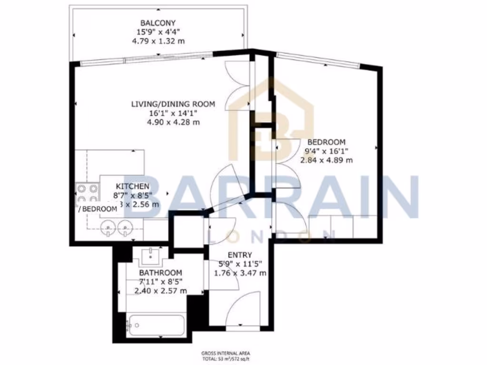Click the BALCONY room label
click(x=158, y=23)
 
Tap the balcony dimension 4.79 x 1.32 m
click(x=158, y=41)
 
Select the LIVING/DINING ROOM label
click(x=174, y=104)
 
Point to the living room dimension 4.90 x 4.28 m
click(x=174, y=122)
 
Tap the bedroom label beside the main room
click(x=326, y=142)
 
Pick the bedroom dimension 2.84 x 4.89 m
click(x=326, y=160)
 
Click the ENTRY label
click(x=240, y=255)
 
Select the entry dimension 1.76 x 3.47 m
click(x=240, y=273)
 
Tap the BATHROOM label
click(x=160, y=273)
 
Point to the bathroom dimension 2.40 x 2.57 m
click(x=160, y=291)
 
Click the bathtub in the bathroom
click(x=156, y=326)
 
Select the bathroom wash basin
click(x=152, y=257)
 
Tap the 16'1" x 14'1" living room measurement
click(x=174, y=113)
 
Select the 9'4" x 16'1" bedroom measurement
click(x=326, y=151)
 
